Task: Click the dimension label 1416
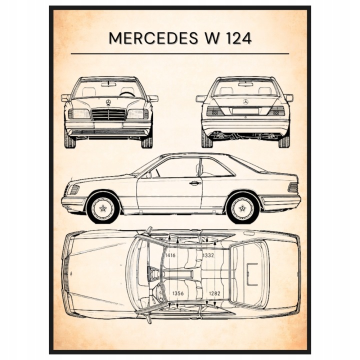170,255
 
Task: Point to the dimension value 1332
209,255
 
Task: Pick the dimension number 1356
177,293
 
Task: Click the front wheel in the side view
103,207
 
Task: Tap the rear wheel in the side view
242,207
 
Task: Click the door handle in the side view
194,183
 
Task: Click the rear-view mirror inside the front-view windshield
108,84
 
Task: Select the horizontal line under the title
180,53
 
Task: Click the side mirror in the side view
148,174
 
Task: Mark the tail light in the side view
292,187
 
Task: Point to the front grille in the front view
108,114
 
